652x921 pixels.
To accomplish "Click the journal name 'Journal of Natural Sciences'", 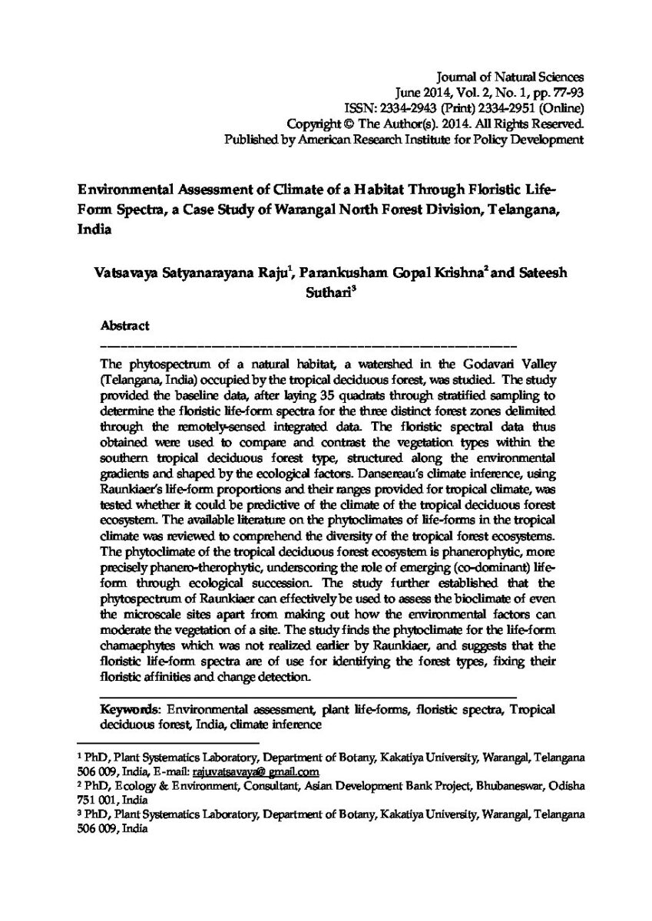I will click(510, 77).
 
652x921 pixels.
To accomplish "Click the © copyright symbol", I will click(347, 124).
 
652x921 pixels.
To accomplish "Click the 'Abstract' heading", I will click(125, 325).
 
